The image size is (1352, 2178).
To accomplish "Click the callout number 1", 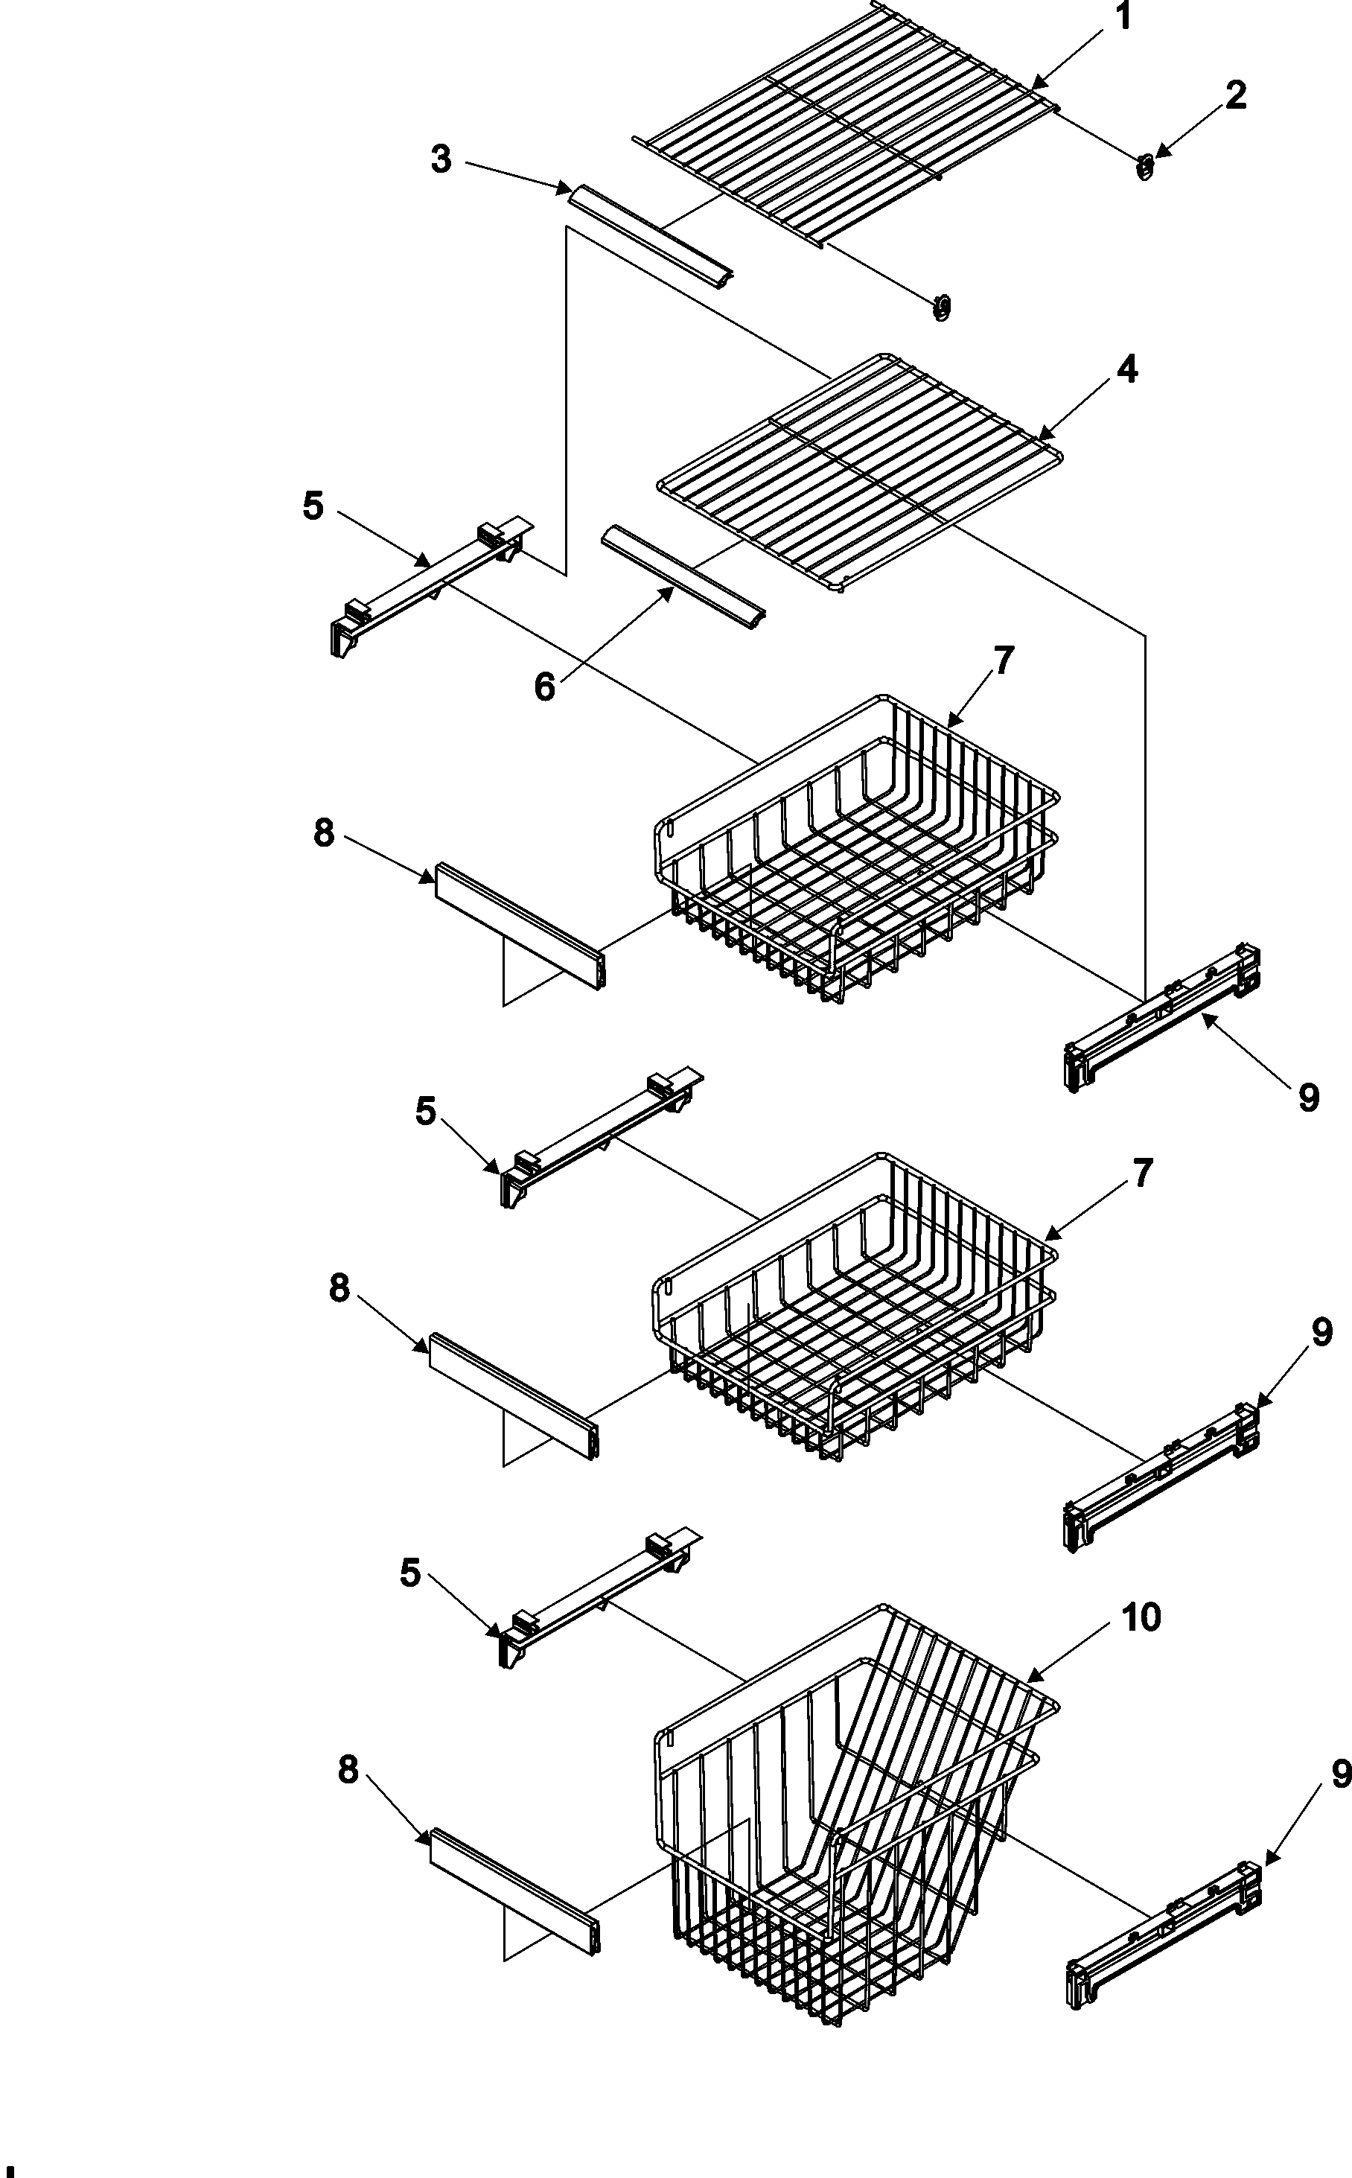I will click(1124, 16).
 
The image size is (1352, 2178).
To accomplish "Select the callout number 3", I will click(441, 159).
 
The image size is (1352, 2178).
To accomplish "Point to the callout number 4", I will click(1128, 369).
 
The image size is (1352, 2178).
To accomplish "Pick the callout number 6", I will click(544, 687).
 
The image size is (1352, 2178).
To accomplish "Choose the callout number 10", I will click(1141, 1617).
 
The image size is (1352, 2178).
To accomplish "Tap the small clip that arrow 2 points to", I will click(1144, 165).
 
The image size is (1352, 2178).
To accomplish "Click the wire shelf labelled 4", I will click(858, 469).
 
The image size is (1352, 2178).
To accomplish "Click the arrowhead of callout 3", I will click(569, 190).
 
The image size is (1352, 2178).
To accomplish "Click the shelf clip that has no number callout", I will click(942, 307).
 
